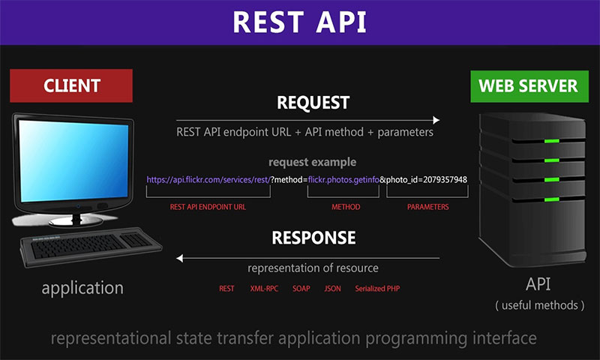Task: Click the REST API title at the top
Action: click(x=299, y=22)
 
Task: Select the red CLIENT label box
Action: click(x=71, y=85)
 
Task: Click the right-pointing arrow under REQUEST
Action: click(x=307, y=120)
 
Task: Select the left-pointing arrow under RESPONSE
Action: click(x=307, y=258)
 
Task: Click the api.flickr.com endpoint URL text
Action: click(x=208, y=180)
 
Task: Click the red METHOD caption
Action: click(x=346, y=206)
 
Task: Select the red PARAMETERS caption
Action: click(x=428, y=206)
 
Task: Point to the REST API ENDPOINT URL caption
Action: click(x=208, y=206)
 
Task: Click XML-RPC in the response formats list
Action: click(x=263, y=288)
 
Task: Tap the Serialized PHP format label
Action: click(x=379, y=288)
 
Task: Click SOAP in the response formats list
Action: click(x=301, y=288)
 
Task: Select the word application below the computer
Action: click(x=82, y=287)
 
